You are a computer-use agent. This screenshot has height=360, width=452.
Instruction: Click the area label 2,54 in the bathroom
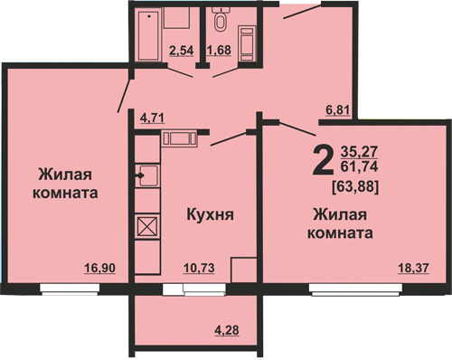click(181, 51)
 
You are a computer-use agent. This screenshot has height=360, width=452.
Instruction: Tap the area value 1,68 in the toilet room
click(219, 50)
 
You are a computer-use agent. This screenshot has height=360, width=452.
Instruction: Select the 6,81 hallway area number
click(338, 110)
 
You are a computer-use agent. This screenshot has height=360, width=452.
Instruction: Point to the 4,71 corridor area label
click(153, 118)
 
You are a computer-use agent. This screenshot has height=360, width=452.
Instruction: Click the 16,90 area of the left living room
click(100, 268)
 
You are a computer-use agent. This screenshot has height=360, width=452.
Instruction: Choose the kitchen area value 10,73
click(199, 268)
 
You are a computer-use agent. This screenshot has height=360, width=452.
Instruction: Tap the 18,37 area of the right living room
click(413, 268)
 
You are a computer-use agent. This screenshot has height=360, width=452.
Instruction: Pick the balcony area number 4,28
click(227, 330)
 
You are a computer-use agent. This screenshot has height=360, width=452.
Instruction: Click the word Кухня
click(210, 215)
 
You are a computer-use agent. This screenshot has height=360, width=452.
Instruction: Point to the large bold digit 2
click(324, 159)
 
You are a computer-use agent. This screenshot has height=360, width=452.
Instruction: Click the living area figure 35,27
click(359, 152)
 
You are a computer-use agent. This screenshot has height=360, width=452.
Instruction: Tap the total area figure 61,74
click(359, 166)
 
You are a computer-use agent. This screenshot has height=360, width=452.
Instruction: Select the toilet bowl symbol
click(221, 21)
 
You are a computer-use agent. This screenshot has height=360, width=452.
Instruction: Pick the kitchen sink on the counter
click(147, 175)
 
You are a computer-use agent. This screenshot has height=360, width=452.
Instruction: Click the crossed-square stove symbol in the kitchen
click(147, 226)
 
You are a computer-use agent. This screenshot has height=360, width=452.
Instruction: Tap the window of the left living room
click(70, 289)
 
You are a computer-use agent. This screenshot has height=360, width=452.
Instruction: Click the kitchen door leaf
click(230, 138)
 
